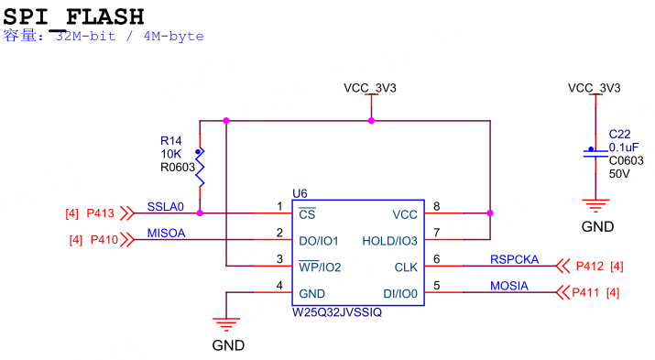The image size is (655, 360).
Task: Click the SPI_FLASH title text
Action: tap(74, 16)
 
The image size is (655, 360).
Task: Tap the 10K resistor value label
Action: tap(169, 154)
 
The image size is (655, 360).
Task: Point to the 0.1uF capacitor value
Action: tap(624, 147)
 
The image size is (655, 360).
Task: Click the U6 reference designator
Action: tap(300, 192)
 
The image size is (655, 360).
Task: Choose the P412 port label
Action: tap(589, 267)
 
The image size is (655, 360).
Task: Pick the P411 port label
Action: tap(588, 293)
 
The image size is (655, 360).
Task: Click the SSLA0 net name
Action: tap(165, 206)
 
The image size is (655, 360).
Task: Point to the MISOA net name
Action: tap(166, 233)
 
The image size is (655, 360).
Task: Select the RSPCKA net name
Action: tap(514, 259)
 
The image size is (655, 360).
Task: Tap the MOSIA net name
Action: tap(508, 286)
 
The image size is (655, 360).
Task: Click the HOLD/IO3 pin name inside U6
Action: tap(390, 240)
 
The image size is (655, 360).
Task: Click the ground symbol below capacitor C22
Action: tap(595, 206)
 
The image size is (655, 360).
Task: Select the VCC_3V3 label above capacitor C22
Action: tap(594, 88)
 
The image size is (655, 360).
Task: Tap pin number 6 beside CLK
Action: tap(437, 259)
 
